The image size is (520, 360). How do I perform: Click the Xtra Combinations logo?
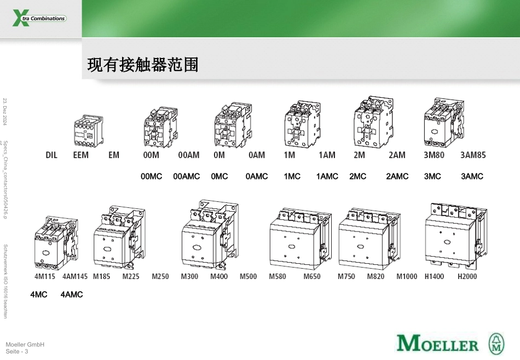tap(39, 19)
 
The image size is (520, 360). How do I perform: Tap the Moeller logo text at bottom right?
tap(437, 344)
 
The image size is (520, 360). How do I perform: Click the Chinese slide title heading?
tap(142, 66)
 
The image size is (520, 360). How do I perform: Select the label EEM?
tap(80, 155)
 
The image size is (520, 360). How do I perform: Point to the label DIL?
tap(51, 155)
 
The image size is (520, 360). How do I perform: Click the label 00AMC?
tap(187, 177)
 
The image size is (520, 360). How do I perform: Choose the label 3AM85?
tap(473, 155)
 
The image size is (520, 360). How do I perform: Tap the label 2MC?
tap(358, 177)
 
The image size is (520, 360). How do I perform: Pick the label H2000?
tap(467, 276)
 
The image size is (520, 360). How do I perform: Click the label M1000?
tap(407, 276)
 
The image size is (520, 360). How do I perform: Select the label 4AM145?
tap(75, 276)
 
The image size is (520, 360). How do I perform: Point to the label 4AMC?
tap(72, 294)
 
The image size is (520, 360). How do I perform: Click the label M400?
tap(219, 276)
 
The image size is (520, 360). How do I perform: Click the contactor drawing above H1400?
tap(455, 236)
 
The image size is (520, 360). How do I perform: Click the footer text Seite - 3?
tap(16, 351)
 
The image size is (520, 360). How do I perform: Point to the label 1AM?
tap(327, 155)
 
